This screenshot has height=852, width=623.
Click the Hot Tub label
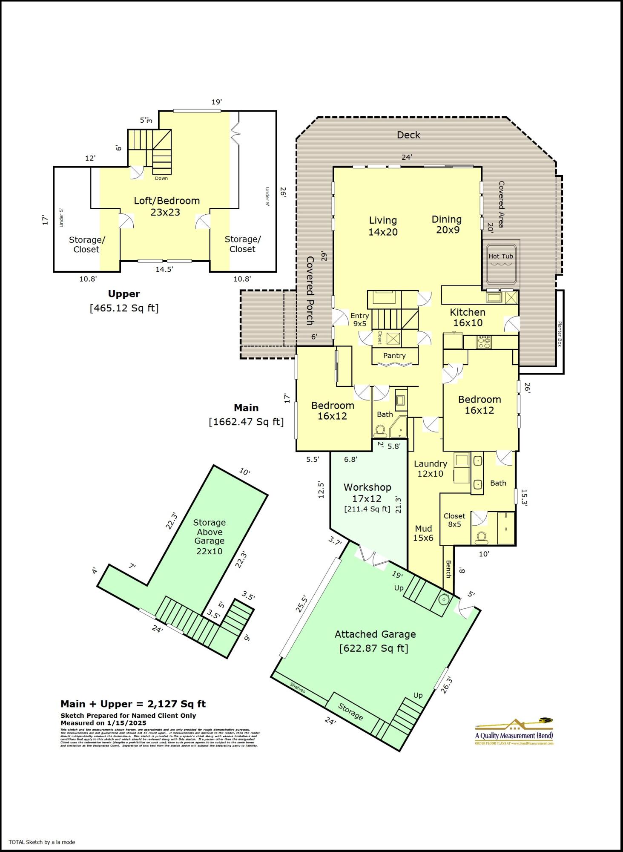500,256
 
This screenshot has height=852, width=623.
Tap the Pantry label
394,355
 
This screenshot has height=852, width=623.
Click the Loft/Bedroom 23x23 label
167,206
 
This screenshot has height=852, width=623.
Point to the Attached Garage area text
375,641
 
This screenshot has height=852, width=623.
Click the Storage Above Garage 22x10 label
209,536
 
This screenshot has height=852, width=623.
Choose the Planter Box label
560,334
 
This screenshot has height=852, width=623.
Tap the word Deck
408,135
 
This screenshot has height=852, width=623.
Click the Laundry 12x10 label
430,468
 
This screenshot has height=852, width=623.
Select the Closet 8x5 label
454,520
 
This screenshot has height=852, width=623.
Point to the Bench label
448,569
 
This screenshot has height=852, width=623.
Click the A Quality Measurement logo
514,731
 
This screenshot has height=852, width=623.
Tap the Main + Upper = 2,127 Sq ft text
133,704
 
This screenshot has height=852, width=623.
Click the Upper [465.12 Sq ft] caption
124,301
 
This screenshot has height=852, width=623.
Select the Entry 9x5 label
359,319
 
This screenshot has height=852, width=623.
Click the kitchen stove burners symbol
484,342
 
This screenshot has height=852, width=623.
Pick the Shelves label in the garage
298,687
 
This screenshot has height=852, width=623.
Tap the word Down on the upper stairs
161,178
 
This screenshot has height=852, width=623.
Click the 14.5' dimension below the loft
164,269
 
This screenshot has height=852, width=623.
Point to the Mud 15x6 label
423,533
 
